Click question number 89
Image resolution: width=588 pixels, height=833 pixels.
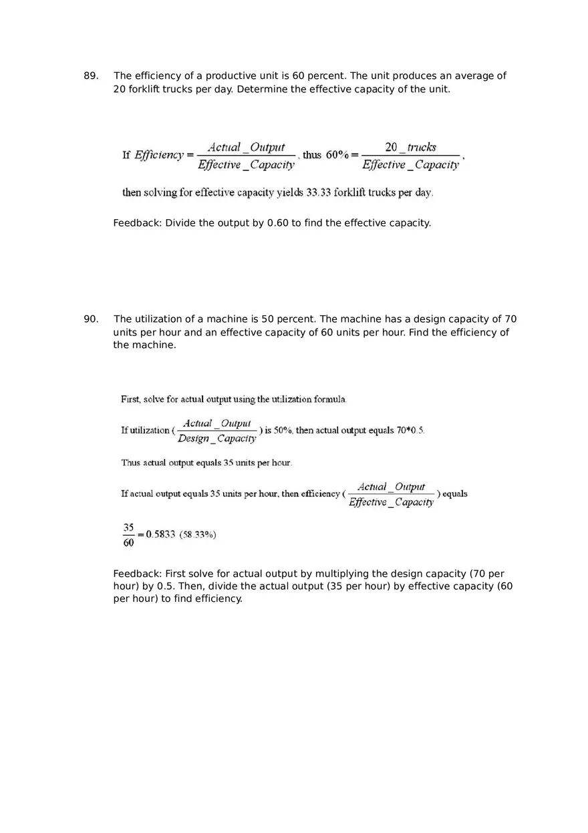[x=91, y=76]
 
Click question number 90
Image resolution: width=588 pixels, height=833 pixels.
[x=91, y=319]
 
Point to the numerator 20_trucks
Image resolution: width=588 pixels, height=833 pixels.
[x=410, y=148]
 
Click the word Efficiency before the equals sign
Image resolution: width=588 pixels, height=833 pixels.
[x=159, y=155]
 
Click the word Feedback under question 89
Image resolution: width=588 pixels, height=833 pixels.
[x=137, y=223]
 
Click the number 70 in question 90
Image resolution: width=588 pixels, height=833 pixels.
[x=510, y=319]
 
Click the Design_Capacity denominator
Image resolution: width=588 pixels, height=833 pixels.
[x=216, y=439]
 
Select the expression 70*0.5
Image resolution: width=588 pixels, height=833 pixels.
[x=410, y=430]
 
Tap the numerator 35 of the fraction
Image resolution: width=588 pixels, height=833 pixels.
[x=128, y=527]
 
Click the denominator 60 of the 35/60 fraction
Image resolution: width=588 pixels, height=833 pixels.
[x=128, y=542]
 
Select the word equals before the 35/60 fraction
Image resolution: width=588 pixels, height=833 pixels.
[x=455, y=494]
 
